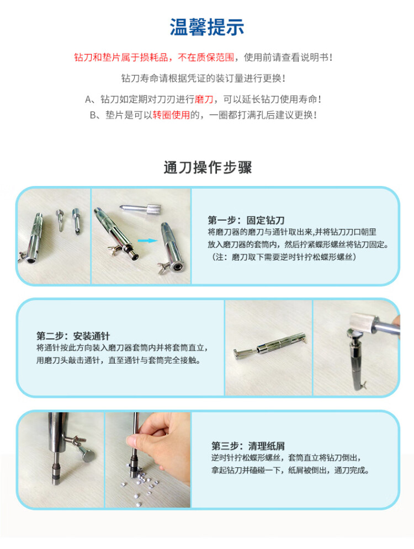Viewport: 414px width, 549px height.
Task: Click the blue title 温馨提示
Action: point(206,27)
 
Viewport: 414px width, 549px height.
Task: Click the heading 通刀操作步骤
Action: point(208,167)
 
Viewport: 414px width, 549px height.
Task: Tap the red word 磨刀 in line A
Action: point(204,99)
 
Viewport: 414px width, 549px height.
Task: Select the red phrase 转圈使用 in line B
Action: point(171,115)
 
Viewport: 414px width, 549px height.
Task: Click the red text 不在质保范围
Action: point(206,57)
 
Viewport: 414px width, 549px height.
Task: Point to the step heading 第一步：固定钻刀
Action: point(246,220)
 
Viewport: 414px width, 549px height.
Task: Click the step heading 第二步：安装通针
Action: point(73,336)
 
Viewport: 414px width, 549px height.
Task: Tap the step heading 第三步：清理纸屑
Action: point(248,446)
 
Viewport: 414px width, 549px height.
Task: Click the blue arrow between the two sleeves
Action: point(147,241)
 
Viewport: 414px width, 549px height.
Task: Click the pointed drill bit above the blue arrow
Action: point(140,209)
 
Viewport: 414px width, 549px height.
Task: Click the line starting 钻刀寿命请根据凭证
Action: point(203,78)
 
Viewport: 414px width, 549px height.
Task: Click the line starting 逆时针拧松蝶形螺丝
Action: point(286,457)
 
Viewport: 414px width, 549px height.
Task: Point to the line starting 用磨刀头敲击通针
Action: point(119,360)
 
